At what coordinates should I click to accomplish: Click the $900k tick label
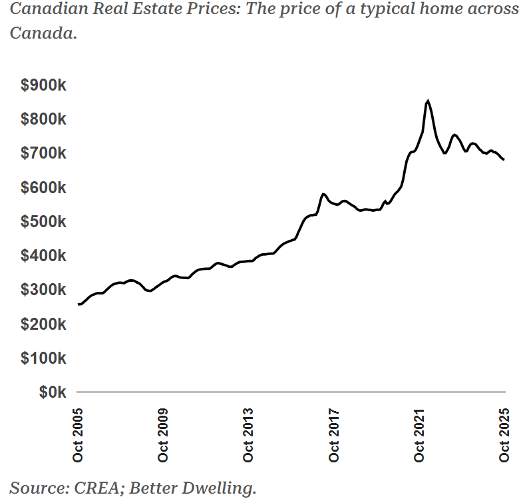click(x=43, y=85)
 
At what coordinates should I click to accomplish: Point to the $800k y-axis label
click(x=43, y=119)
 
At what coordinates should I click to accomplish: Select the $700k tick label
click(x=43, y=153)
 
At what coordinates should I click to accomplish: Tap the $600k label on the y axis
click(x=43, y=187)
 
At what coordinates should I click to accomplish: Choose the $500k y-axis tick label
click(x=43, y=221)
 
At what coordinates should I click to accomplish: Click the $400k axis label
click(x=43, y=255)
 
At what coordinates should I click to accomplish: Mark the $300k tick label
click(x=43, y=289)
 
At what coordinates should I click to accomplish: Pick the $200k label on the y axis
click(x=43, y=324)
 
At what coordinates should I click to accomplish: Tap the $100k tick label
click(x=43, y=358)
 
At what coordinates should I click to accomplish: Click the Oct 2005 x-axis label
click(x=79, y=433)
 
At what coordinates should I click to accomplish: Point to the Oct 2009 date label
click(x=164, y=433)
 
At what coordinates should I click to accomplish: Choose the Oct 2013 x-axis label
click(x=249, y=433)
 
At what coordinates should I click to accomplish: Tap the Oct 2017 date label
click(x=334, y=433)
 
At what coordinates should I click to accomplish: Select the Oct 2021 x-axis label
click(x=419, y=433)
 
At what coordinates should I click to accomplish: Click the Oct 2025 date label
click(x=504, y=433)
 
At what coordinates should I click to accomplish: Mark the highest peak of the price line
click(x=428, y=101)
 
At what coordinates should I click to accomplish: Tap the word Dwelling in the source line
click(x=221, y=488)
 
